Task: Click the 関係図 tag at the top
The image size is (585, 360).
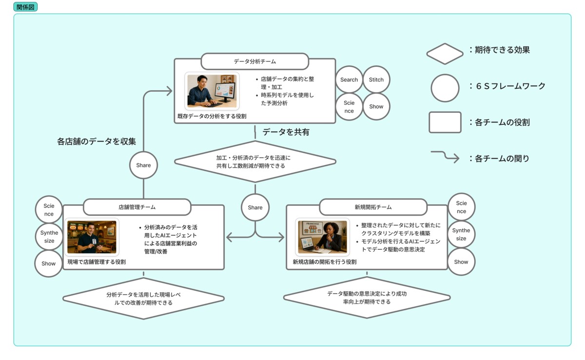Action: pyautogui.click(x=25, y=7)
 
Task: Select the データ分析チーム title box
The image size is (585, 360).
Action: pyautogui.click(x=254, y=61)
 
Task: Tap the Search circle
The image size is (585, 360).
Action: pyautogui.click(x=349, y=80)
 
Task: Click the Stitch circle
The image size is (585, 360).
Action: pyautogui.click(x=376, y=80)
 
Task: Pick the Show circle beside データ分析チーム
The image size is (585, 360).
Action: pyautogui.click(x=376, y=106)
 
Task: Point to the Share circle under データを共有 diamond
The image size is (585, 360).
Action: pyautogui.click(x=255, y=207)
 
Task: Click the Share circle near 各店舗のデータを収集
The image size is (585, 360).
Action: pyautogui.click(x=143, y=165)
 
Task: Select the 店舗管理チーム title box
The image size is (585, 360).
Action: pyautogui.click(x=136, y=207)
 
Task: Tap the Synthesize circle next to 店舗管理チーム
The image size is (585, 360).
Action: pyautogui.click(x=49, y=237)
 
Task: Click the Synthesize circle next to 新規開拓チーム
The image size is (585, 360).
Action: pyautogui.click(x=461, y=234)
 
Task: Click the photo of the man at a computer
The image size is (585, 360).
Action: pyautogui.click(x=212, y=91)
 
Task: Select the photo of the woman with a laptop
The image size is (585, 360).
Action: pyautogui.click(x=323, y=237)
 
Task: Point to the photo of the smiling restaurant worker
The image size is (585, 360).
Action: pyautogui.click(x=92, y=237)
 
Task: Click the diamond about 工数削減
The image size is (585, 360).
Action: pyautogui.click(x=254, y=161)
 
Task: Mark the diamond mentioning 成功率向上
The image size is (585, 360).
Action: pyautogui.click(x=367, y=298)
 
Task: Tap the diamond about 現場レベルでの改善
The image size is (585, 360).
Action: pyautogui.click(x=143, y=299)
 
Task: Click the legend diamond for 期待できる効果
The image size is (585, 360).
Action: pyautogui.click(x=445, y=54)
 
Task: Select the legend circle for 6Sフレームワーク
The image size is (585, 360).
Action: pyautogui.click(x=445, y=88)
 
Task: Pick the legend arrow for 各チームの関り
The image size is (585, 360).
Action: pyautogui.click(x=445, y=157)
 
